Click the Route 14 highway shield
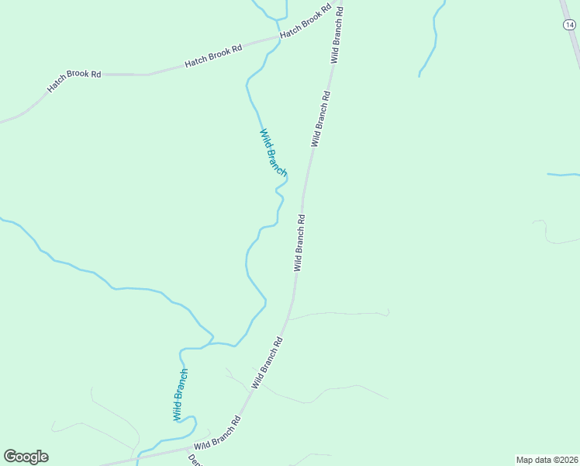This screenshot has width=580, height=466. click(568, 25)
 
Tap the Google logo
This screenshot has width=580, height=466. click(26, 457)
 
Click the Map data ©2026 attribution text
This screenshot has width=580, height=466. click(547, 460)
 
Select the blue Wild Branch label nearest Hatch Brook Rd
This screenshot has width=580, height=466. click(272, 152)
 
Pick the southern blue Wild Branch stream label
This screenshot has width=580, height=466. click(180, 395)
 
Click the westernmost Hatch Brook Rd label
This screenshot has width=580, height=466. click(74, 82)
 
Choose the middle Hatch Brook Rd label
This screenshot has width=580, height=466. click(213, 57)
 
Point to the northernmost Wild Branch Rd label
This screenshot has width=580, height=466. click(337, 33)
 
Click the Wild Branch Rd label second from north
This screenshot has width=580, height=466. click(321, 119)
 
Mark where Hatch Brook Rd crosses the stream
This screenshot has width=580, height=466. click(278, 37)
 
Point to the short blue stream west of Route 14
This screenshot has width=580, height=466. click(433, 39)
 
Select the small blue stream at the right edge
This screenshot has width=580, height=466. click(564, 175)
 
